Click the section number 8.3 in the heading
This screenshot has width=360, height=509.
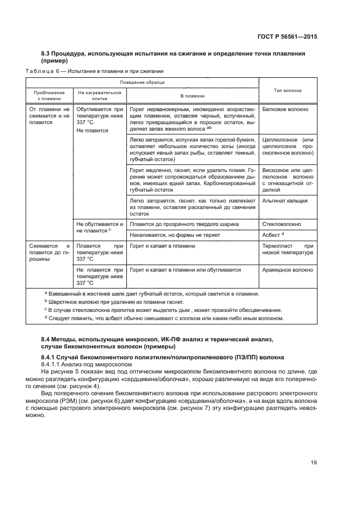47,53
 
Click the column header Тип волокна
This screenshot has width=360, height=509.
288,90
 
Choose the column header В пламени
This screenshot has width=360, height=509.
192,95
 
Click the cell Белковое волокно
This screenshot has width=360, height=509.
285,109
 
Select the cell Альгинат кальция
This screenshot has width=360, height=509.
285,200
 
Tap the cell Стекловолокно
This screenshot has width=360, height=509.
283,223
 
